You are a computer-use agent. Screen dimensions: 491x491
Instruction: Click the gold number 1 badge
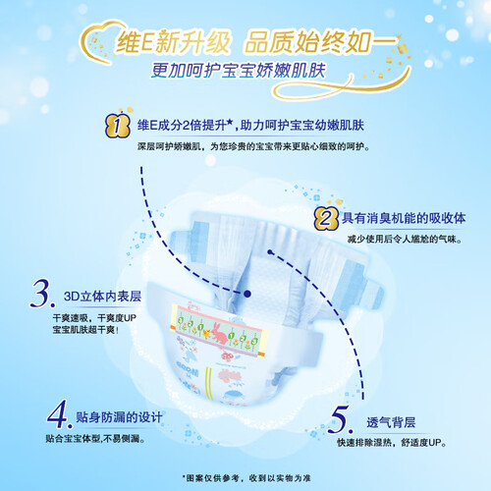click(x=118, y=126)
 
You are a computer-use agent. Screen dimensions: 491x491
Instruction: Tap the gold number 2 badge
click(x=325, y=219)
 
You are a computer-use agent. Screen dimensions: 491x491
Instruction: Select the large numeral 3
click(x=42, y=294)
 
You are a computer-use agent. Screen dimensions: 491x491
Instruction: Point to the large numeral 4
click(x=59, y=414)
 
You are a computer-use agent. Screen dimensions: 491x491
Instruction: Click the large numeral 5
click(x=340, y=419)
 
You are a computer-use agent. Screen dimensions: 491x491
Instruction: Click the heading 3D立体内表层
click(x=102, y=297)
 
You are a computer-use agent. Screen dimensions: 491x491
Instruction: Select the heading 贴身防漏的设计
click(x=119, y=417)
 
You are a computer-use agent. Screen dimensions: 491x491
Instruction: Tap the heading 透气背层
click(x=391, y=422)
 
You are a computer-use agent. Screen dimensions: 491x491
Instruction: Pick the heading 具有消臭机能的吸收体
click(x=404, y=218)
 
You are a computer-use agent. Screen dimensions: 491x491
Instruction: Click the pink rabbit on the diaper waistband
click(x=219, y=333)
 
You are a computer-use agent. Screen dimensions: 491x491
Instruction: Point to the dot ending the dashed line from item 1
click(x=247, y=294)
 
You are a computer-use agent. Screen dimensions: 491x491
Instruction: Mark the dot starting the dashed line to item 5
click(x=270, y=252)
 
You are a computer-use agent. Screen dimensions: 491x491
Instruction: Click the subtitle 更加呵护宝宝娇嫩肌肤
click(x=239, y=71)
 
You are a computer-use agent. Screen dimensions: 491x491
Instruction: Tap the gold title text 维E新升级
click(x=173, y=42)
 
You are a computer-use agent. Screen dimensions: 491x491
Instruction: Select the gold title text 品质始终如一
click(x=322, y=42)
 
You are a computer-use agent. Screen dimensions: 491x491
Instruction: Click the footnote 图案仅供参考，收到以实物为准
click(x=246, y=478)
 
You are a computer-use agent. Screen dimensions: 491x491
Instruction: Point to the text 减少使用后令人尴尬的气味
click(x=405, y=240)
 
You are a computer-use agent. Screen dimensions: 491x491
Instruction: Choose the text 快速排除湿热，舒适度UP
click(x=392, y=443)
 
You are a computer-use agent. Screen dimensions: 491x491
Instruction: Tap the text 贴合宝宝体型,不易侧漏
click(x=95, y=439)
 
